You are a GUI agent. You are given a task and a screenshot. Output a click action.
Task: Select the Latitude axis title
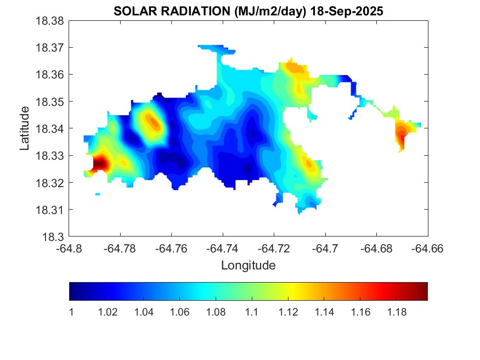tap(25, 128)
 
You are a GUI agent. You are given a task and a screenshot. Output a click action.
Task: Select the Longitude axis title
tap(248, 266)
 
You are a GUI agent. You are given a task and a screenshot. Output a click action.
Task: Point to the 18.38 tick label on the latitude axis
tap(51, 21)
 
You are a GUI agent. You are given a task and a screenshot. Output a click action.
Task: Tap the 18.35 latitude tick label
tap(51, 102)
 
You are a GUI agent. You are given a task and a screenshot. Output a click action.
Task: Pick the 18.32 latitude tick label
tap(51, 183)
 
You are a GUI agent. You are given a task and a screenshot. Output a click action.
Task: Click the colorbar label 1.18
tap(397, 312)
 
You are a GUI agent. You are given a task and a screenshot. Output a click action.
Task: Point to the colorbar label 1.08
tap(216, 312)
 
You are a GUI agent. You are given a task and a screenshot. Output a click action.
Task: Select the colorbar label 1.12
tap(289, 312)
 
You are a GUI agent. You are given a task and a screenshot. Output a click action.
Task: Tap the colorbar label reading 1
tap(70, 312)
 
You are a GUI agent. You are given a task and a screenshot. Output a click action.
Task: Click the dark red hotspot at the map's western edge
tap(100, 164)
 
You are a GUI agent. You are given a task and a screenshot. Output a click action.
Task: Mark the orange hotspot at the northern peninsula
tap(295, 68)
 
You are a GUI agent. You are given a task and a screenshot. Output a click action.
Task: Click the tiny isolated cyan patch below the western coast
tap(98, 194)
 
